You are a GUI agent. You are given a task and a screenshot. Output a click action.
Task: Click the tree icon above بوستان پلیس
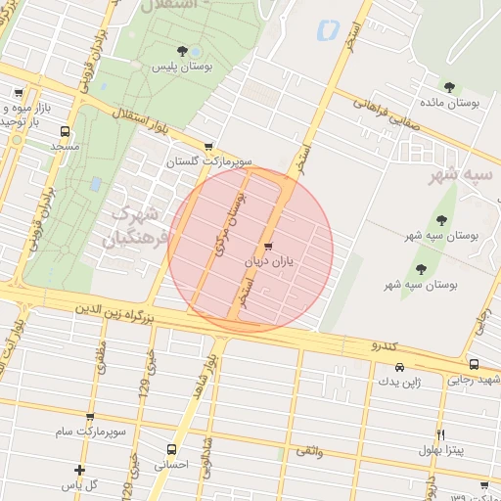(x=181, y=51)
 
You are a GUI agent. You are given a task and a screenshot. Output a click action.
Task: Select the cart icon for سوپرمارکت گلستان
(x=208, y=146)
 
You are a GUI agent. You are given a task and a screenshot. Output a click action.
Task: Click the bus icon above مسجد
(x=66, y=131)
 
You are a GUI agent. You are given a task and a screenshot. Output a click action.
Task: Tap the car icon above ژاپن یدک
(x=399, y=368)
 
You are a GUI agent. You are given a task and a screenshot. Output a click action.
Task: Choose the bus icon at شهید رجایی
(x=475, y=365)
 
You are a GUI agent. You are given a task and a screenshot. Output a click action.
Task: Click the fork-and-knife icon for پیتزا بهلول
(x=440, y=434)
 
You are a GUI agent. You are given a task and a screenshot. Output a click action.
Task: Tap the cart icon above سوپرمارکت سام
(x=90, y=418)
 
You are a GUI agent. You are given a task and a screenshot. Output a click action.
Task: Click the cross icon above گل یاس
(x=79, y=471)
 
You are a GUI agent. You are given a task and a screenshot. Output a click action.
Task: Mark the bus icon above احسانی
(x=171, y=452)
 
